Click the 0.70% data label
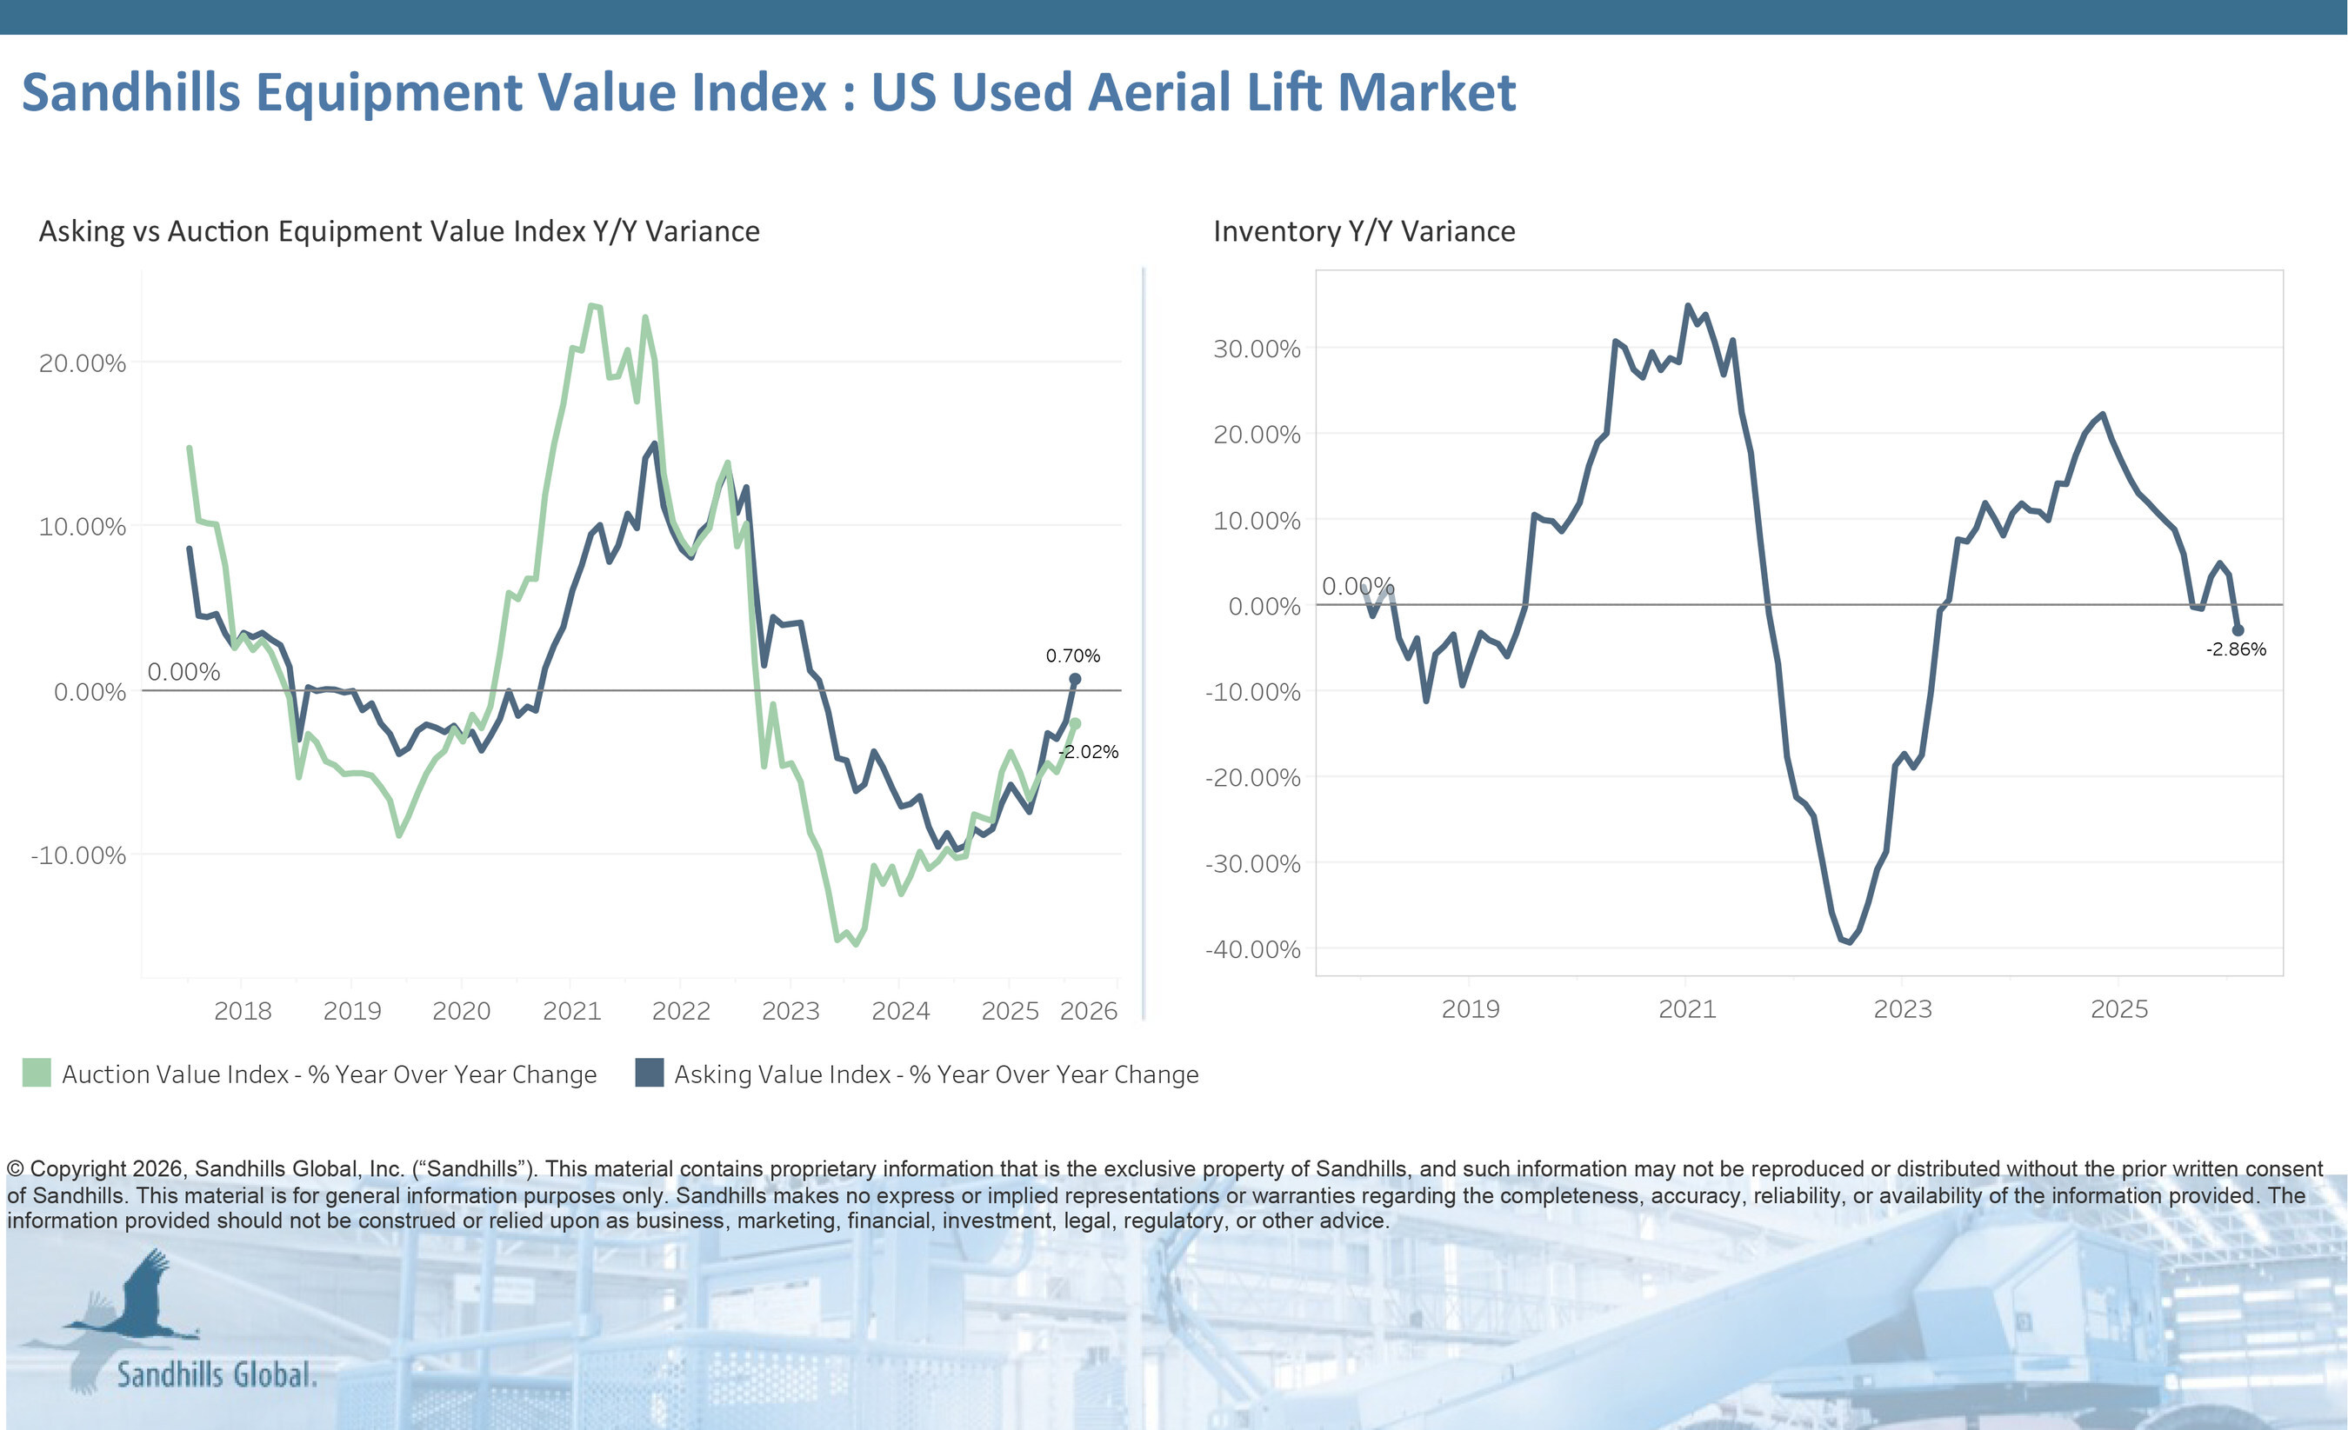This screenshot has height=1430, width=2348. point(1072,655)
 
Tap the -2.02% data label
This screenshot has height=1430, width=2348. point(1088,752)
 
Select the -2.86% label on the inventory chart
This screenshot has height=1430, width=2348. point(2236,649)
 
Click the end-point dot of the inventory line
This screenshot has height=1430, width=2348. point(2238,629)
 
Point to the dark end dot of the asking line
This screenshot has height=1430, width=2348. point(1075,679)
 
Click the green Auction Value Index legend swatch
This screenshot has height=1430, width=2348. point(37,1073)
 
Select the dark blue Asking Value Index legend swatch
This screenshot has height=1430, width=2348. point(649,1073)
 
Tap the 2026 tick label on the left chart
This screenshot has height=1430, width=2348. point(1088,1011)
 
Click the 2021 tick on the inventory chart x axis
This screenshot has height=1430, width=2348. point(1687,1009)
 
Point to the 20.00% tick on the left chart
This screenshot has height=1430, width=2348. point(82,363)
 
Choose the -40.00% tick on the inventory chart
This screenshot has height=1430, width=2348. point(1252,949)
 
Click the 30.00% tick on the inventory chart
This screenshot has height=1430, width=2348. point(1256,349)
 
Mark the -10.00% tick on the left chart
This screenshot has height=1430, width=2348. point(78,855)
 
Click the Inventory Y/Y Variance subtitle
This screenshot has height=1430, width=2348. point(1364,231)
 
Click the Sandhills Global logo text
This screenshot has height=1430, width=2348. point(217,1374)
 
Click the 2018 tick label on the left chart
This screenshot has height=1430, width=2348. point(242,1011)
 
